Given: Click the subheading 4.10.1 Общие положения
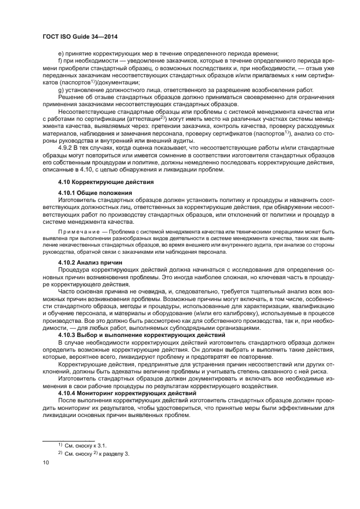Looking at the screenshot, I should [95, 193].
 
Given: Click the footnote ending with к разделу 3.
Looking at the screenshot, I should [96, 453].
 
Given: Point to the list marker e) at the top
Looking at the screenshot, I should [60, 53].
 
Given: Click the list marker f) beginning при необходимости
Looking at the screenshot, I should [60, 60].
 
